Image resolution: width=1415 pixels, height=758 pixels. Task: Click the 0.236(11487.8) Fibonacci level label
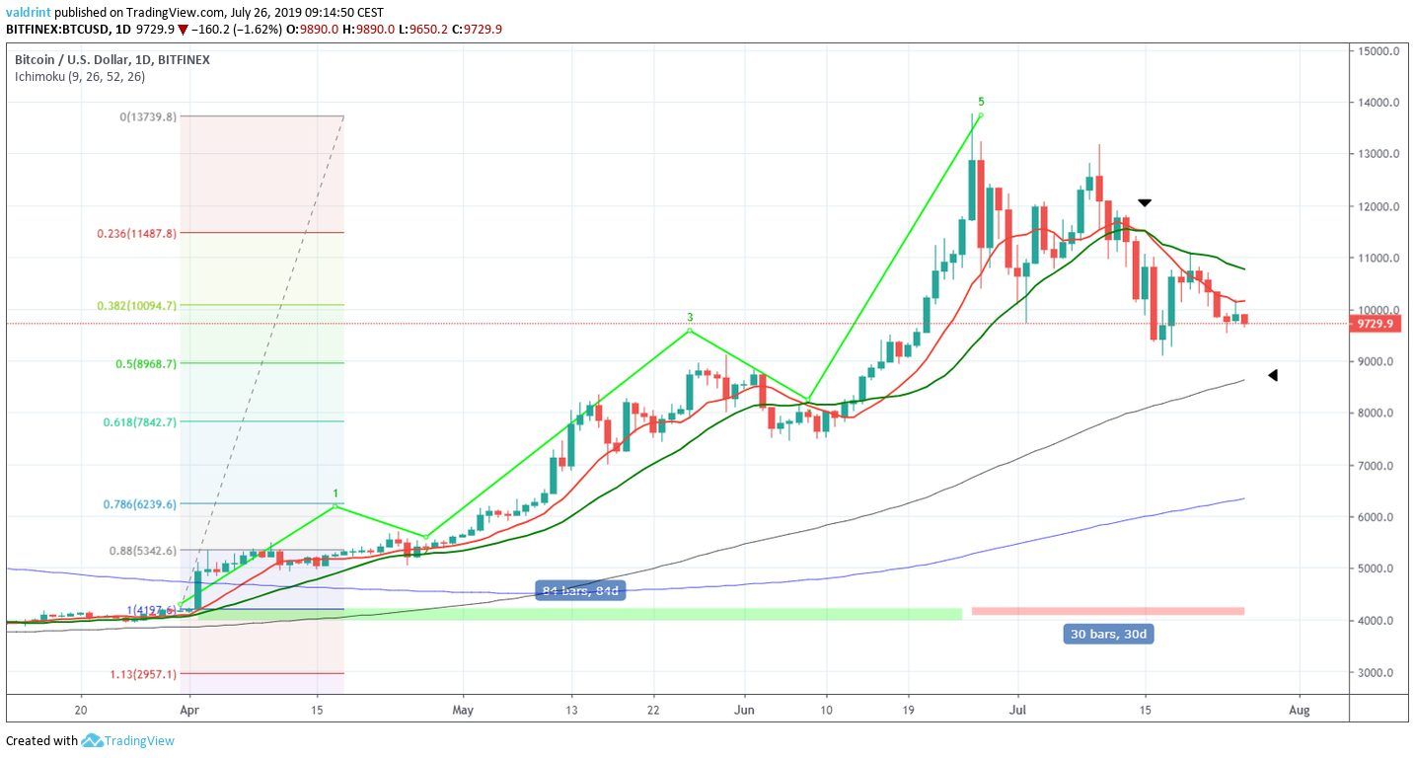pyautogui.click(x=137, y=233)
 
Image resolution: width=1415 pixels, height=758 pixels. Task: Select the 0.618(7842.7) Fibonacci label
pyautogui.click(x=139, y=422)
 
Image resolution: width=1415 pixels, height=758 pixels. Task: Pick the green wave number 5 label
pyautogui.click(x=980, y=102)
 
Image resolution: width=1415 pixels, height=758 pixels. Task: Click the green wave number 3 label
pyautogui.click(x=691, y=318)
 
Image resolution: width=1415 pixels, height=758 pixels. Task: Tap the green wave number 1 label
pyautogui.click(x=336, y=493)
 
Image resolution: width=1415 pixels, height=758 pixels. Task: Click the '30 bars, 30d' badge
pyautogui.click(x=1109, y=634)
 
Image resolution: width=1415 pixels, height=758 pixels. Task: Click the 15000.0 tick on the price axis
pyautogui.click(x=1378, y=50)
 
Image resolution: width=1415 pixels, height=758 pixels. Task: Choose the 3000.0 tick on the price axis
pyautogui.click(x=1378, y=673)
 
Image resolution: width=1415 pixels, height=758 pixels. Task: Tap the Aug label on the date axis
pyautogui.click(x=1300, y=709)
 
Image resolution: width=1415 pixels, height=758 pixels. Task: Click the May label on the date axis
pyautogui.click(x=464, y=709)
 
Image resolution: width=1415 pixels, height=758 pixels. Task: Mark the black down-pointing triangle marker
pyautogui.click(x=1145, y=202)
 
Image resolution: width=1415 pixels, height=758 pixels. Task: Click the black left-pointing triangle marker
pyautogui.click(x=1273, y=375)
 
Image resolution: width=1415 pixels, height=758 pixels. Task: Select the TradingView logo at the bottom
pyautogui.click(x=128, y=740)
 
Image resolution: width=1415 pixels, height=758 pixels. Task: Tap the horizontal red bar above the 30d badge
pyautogui.click(x=1107, y=611)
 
